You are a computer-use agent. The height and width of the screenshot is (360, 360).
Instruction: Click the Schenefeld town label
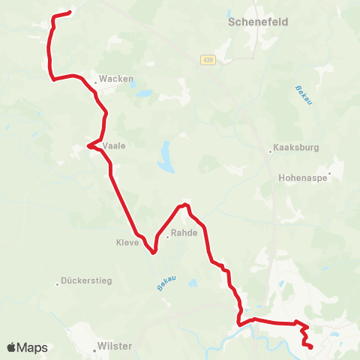[257, 22]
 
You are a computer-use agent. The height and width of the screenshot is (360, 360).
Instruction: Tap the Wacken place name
[110, 77]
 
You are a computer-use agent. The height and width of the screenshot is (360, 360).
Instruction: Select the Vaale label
[114, 145]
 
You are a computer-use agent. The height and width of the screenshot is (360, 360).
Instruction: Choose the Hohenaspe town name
[302, 178]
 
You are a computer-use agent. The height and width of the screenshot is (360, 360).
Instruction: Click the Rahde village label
[184, 232]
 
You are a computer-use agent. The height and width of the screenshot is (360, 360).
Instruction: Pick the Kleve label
[127, 242]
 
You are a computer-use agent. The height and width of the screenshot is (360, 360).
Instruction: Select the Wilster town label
[114, 346]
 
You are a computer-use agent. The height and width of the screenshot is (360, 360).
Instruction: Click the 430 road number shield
[208, 60]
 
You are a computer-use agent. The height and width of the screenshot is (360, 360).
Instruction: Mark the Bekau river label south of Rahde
[166, 283]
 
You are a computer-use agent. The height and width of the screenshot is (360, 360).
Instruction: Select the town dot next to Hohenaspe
[328, 175]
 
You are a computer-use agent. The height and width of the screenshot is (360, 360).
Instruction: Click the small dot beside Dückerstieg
[58, 283]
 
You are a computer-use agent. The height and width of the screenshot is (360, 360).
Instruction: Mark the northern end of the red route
[69, 12]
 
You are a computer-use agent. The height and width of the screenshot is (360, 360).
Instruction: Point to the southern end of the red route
[310, 346]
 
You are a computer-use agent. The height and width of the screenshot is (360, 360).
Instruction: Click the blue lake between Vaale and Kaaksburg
[164, 157]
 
